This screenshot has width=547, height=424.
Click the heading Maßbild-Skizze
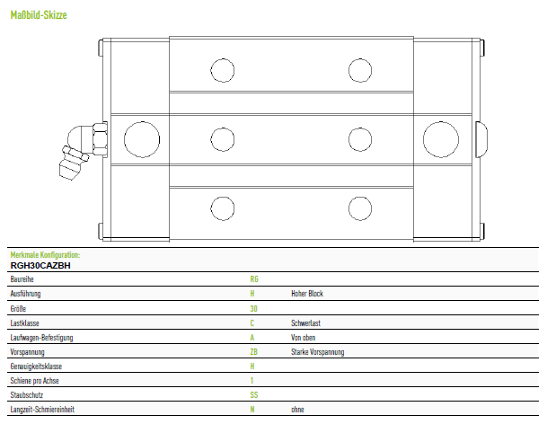[x=39, y=15]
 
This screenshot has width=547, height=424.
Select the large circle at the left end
[x=142, y=139]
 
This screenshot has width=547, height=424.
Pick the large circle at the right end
[x=441, y=139]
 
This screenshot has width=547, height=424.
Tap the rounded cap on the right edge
[x=481, y=139]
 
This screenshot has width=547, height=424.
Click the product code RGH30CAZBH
[x=40, y=266]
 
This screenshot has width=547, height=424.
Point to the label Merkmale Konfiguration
[x=45, y=255]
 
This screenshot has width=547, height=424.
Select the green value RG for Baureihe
[x=254, y=279]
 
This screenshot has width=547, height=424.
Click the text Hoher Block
[x=307, y=294]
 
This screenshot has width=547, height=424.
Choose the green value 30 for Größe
[x=253, y=308]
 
